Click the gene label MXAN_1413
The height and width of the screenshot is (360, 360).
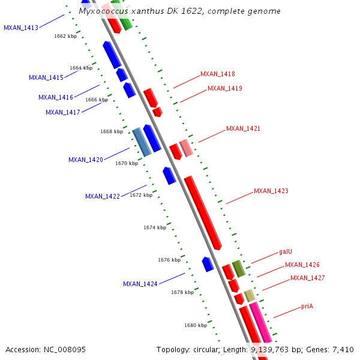21,28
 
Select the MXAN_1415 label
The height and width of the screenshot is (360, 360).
46,77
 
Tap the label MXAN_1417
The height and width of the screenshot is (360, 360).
63,112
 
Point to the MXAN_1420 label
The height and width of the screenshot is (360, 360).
86,160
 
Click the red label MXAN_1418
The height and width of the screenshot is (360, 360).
218,74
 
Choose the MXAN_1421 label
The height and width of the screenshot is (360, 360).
243,129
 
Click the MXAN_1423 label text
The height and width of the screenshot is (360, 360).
271,191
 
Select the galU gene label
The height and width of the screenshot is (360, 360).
286,252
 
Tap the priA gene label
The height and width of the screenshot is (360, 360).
307,307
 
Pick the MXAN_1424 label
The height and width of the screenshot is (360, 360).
140,284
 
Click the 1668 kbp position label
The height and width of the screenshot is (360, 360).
112,131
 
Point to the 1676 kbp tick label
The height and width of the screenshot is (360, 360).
169,260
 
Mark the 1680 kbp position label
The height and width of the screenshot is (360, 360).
196,325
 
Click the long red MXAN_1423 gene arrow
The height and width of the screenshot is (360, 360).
203,212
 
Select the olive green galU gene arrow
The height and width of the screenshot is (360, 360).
239,268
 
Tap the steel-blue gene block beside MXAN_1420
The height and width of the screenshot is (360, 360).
142,142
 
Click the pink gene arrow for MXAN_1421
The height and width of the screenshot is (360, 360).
187,148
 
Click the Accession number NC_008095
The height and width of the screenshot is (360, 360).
64,349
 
